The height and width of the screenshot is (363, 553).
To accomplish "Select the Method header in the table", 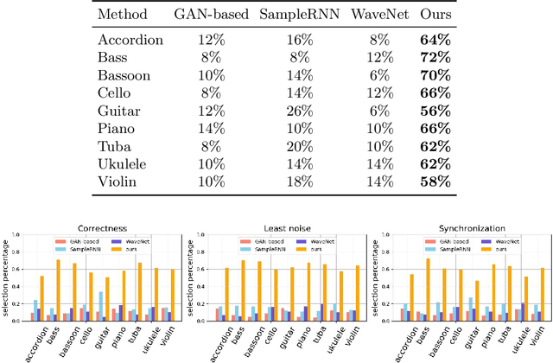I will tap(123, 15).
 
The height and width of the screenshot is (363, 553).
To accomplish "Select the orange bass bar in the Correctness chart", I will tap(59, 290).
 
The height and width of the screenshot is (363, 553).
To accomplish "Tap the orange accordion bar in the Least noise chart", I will tap(226, 294).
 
